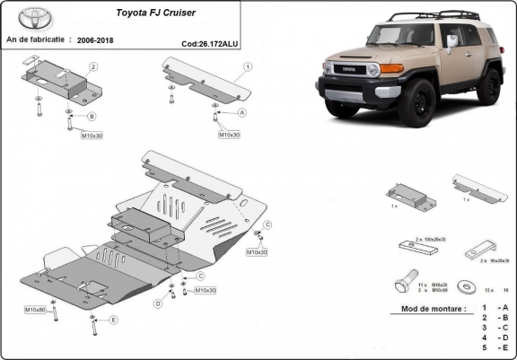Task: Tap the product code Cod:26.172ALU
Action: point(209,42)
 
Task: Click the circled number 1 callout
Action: point(247,67)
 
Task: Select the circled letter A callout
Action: point(241,113)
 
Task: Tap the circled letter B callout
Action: point(92,117)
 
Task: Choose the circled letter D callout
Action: point(158,303)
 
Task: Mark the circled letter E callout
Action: point(113,320)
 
